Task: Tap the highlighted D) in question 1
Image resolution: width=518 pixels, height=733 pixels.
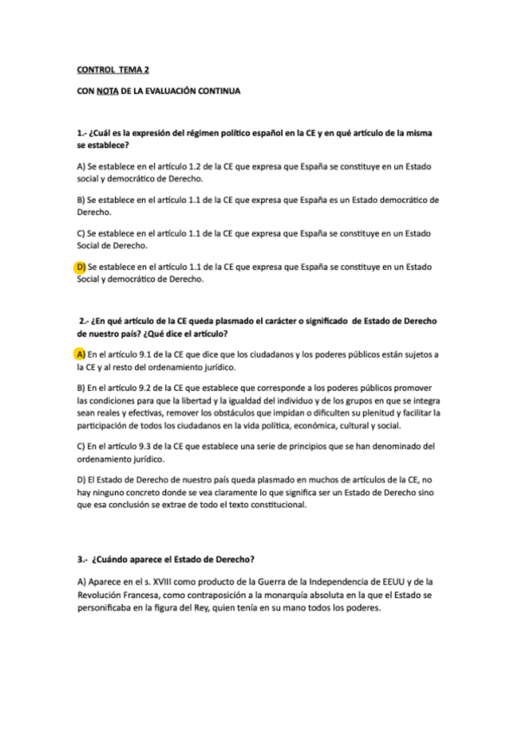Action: pos(80,267)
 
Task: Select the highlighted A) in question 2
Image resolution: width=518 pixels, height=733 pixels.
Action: pos(80,354)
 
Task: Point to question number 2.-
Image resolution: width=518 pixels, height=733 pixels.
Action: pos(85,321)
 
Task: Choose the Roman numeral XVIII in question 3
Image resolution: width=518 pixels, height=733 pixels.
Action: pos(169,582)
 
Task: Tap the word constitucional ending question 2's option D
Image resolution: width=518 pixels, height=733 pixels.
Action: pos(277,505)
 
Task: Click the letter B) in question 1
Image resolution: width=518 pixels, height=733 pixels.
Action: pos(80,200)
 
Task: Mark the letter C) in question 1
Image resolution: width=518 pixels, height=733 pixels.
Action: pos(80,233)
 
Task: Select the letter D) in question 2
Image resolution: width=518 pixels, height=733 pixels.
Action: pos(80,479)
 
